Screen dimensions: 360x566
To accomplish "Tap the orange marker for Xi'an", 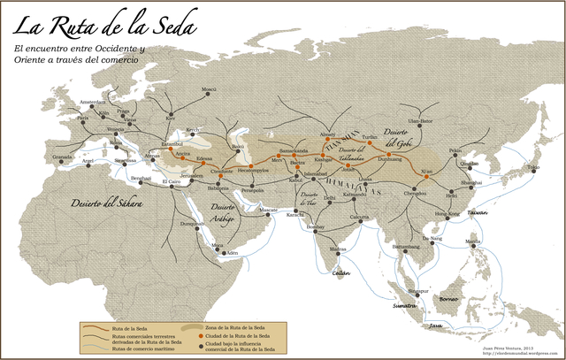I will [x=426, y=176].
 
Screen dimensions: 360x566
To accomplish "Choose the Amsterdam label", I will [x=92, y=103].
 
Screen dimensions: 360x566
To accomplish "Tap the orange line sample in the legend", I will [x=93, y=327].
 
